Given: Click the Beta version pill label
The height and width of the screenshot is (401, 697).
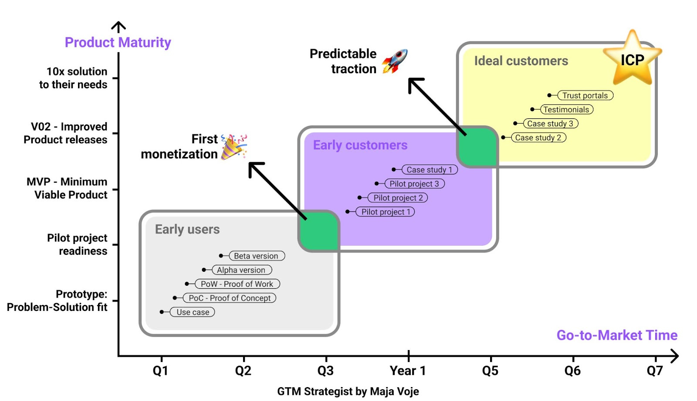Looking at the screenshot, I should [256, 256].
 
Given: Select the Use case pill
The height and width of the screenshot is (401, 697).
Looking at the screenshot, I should [193, 312].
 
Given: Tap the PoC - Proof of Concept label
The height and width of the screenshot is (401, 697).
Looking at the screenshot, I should [230, 298].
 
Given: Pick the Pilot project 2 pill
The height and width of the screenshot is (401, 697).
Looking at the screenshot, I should [398, 198].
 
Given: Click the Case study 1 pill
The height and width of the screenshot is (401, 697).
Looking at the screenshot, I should [430, 170].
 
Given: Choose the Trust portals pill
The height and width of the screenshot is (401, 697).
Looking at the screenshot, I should [585, 96].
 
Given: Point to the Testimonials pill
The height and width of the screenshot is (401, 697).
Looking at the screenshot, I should [566, 110].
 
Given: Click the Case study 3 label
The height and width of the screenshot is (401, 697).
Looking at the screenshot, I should [550, 124].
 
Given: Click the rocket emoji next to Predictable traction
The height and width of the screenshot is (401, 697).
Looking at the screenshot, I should [395, 61].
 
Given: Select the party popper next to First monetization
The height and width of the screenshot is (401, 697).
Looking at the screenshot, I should [233, 147].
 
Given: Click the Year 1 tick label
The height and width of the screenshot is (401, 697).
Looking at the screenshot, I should [408, 371].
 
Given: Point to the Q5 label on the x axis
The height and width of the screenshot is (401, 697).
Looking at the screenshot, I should [490, 371].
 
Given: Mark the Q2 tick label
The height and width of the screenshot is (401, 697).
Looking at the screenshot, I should [243, 371].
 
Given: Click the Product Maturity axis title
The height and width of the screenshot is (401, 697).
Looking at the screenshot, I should [118, 43].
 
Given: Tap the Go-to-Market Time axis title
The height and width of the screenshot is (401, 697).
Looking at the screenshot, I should [617, 335].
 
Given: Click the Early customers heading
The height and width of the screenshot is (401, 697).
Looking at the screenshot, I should [360, 145].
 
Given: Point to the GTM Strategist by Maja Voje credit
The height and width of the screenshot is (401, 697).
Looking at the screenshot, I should [348, 391].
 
